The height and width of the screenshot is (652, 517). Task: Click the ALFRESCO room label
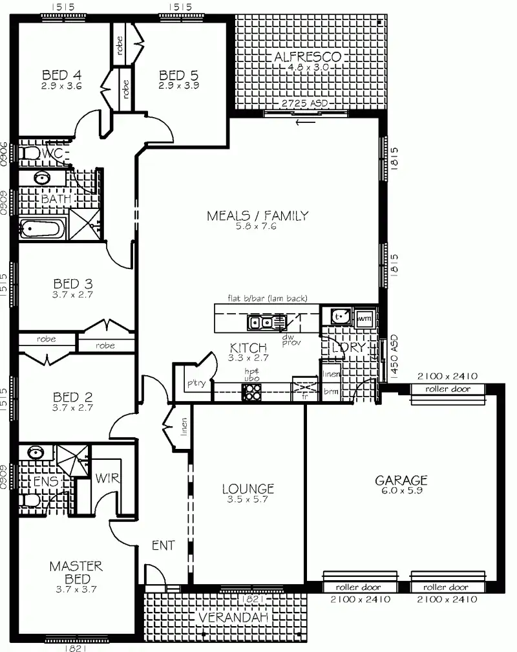tap(308, 57)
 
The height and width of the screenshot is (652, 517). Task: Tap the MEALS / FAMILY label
tap(257, 216)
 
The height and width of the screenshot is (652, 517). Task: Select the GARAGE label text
tap(401, 480)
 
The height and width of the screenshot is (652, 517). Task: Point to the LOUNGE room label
tap(248, 489)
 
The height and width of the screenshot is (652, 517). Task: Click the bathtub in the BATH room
tap(42, 228)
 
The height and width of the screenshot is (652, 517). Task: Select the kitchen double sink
tap(265, 321)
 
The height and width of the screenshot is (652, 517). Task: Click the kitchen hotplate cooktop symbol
tap(251, 391)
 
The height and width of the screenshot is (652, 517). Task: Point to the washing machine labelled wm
tap(363, 317)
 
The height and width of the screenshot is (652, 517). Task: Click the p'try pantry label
tap(196, 384)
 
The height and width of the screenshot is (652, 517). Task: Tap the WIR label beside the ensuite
tap(105, 479)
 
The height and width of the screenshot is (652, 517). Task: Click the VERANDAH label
tap(224, 619)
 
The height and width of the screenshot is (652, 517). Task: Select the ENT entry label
tap(163, 545)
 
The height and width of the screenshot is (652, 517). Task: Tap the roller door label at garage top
tap(448, 389)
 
